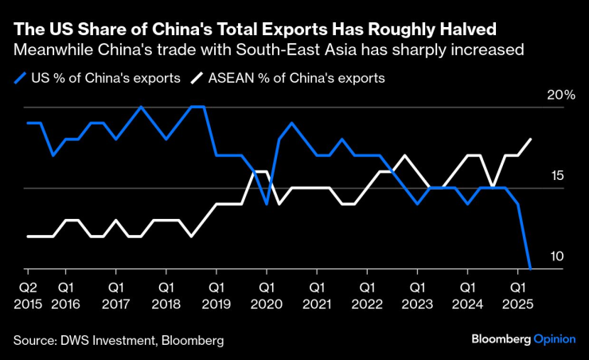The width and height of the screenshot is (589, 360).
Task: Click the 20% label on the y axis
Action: pyautogui.click(x=560, y=95)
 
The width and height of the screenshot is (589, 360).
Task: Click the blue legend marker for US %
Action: pyautogui.click(x=21, y=78)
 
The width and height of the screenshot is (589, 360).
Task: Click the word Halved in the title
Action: pyautogui.click(x=469, y=29)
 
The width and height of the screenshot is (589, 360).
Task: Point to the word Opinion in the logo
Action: pyautogui.click(x=554, y=338)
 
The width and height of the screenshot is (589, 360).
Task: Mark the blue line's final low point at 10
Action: pyautogui.click(x=530, y=268)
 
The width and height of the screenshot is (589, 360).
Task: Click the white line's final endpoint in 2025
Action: pyautogui.click(x=531, y=139)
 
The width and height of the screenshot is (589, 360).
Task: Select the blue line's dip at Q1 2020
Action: pyautogui.click(x=267, y=204)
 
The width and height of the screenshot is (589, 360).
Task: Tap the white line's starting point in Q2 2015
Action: pyautogui.click(x=28, y=237)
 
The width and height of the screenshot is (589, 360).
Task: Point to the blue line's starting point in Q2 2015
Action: pyautogui.click(x=28, y=123)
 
